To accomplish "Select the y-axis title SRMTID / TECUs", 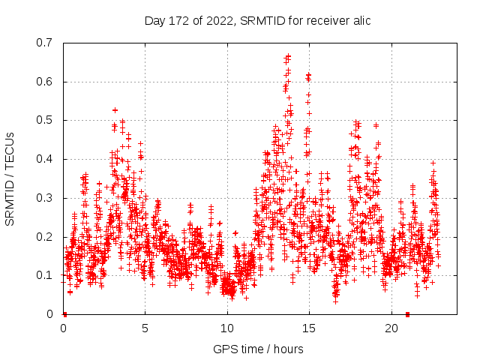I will (x=10, y=178).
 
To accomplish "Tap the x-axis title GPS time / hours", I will (x=259, y=349).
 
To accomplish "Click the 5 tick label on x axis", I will (x=145, y=328).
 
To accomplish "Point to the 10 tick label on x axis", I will (x=227, y=328).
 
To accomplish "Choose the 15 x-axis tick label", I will (x=309, y=328).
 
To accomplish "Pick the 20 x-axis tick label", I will (x=391, y=328).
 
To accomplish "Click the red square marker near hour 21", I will (x=407, y=314).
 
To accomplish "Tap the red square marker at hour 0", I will (x=64, y=314).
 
